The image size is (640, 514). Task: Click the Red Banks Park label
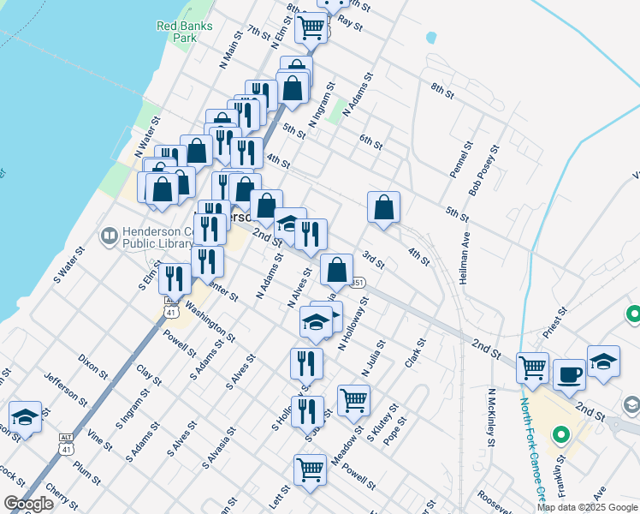[x=177, y=32]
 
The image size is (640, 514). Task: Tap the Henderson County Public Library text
[x=162, y=236]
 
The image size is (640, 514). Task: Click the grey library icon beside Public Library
[x=110, y=235]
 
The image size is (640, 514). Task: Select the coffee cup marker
[x=569, y=374]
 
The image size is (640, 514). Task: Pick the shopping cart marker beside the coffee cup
[x=533, y=368]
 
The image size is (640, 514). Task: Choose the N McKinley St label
[x=492, y=417]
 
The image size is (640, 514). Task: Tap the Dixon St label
[x=93, y=368]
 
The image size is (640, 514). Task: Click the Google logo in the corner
[x=28, y=504]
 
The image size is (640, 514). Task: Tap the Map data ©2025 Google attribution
[x=587, y=507]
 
